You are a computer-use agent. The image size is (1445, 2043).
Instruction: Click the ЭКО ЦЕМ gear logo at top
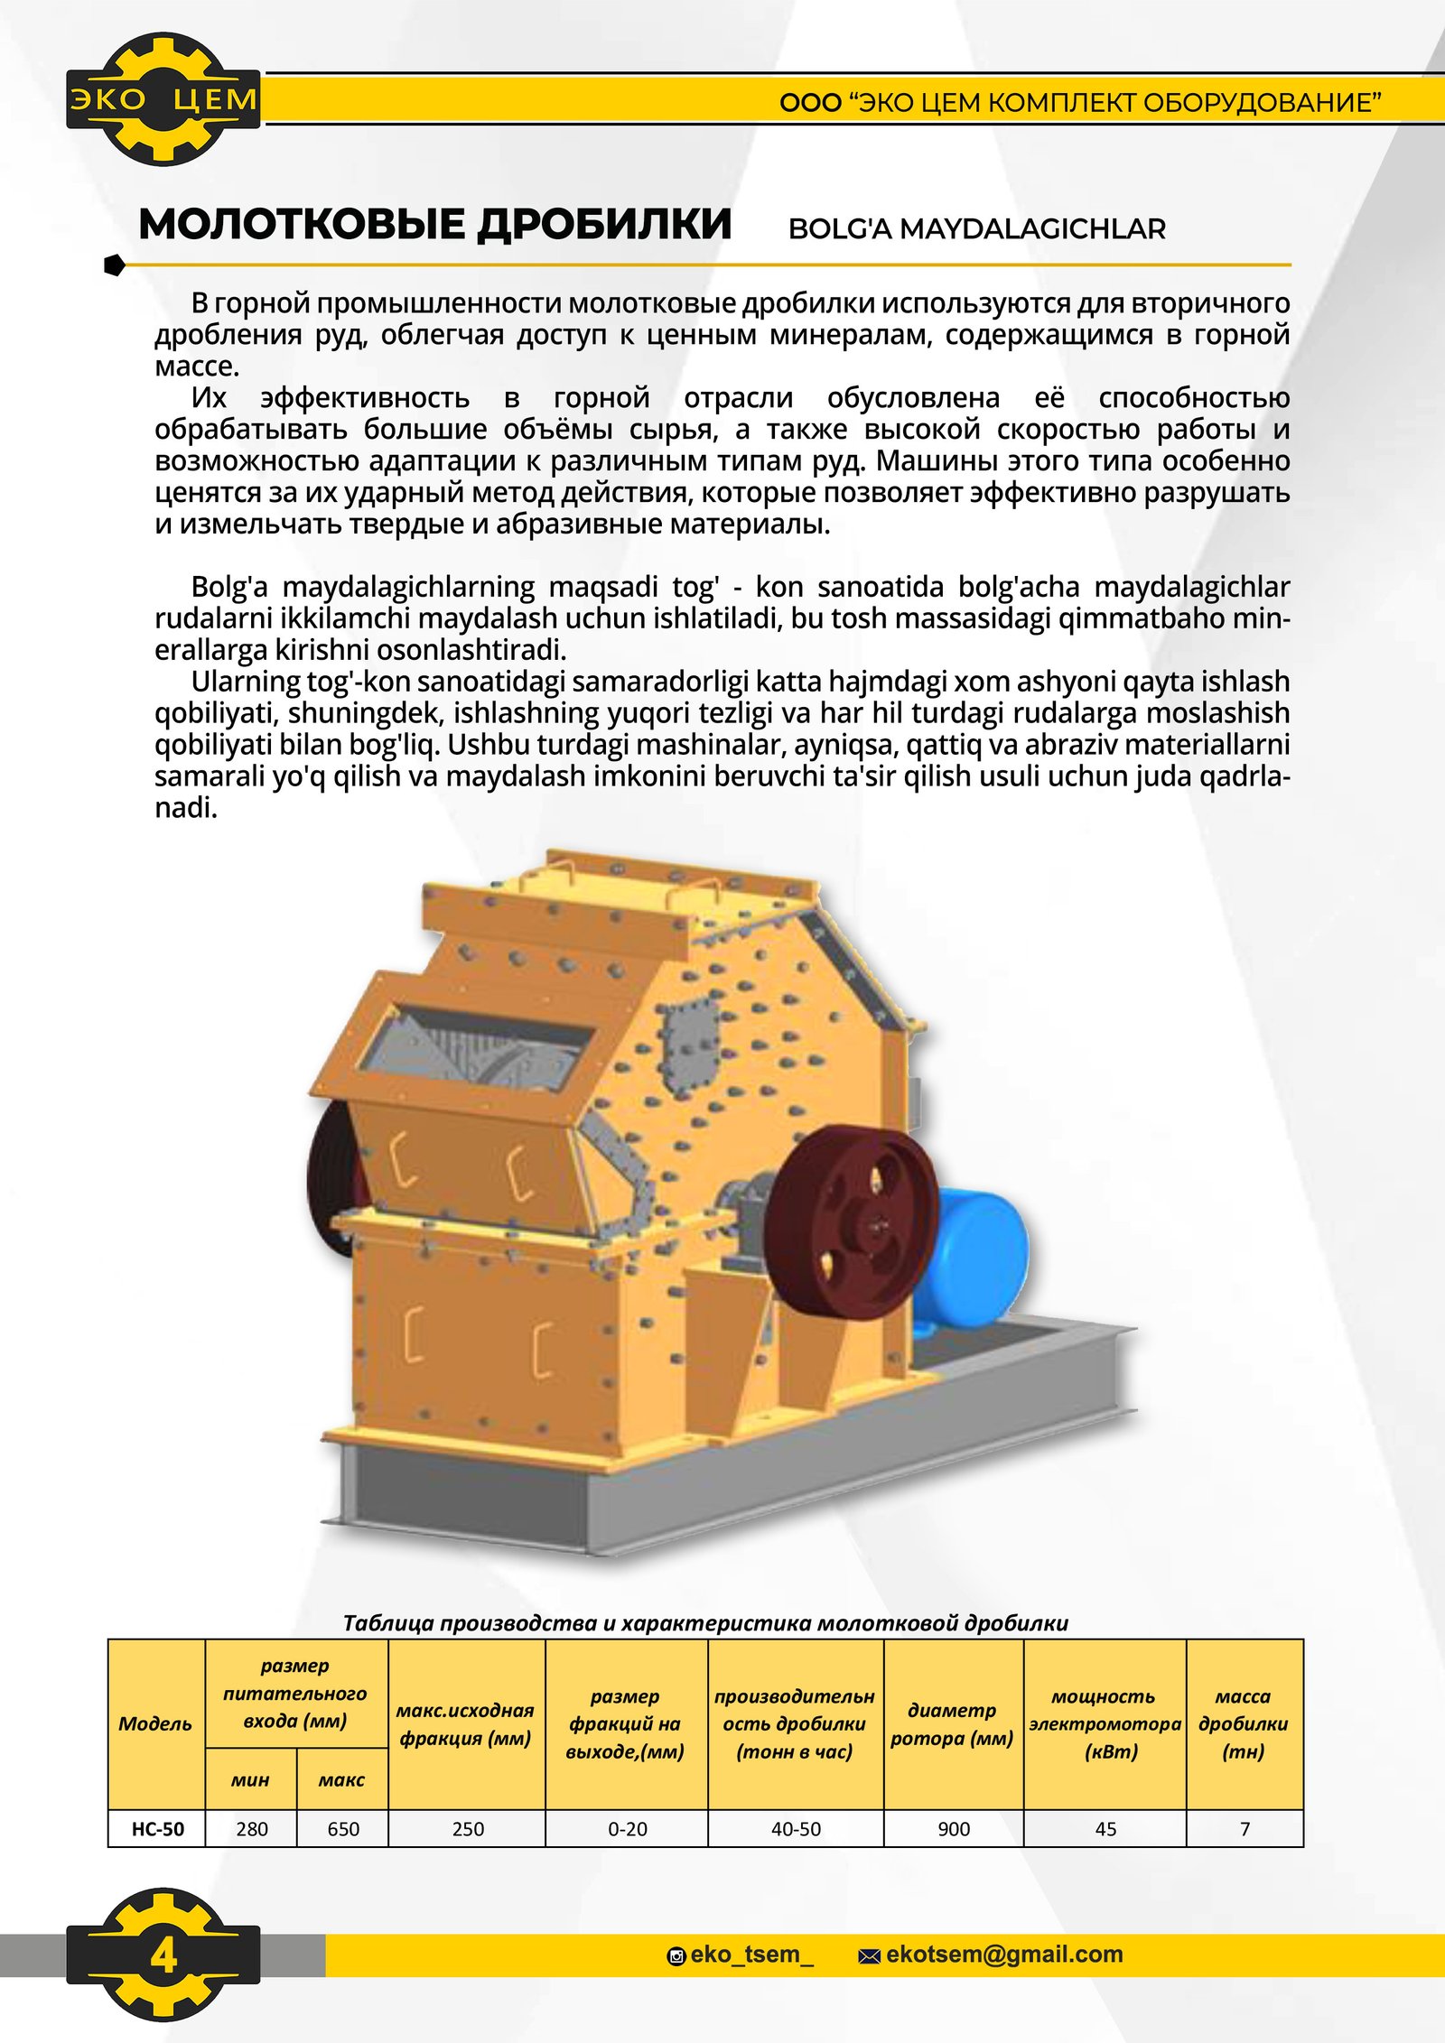coord(163,98)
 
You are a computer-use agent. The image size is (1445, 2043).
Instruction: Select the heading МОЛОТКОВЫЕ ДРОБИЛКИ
coord(434,224)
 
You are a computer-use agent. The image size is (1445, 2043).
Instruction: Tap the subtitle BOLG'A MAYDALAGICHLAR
coord(976,229)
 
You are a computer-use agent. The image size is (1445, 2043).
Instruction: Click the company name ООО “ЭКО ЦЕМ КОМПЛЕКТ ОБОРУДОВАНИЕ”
coord(1080,103)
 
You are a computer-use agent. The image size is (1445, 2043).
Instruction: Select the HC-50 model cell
coord(157,1829)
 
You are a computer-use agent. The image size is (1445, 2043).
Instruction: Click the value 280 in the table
coord(251,1829)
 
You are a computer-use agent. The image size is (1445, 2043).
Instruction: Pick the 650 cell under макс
coord(343,1829)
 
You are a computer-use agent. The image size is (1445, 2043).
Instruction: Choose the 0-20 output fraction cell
coord(627,1829)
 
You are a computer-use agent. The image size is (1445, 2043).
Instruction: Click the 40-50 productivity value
coord(796,1829)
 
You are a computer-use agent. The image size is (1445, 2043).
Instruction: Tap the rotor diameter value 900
coord(954,1829)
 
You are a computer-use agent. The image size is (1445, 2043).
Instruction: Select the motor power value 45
coord(1105,1829)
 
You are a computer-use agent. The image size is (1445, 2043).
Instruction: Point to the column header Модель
coord(155,1723)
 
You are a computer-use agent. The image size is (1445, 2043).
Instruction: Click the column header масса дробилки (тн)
coord(1244,1723)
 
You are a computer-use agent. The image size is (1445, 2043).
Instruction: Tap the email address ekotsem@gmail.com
coord(1003,1955)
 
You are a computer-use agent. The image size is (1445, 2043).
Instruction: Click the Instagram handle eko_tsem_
coord(750,1955)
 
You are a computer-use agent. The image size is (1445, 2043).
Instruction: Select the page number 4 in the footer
coord(163,1955)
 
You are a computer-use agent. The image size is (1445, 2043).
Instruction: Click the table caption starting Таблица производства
coord(705,1622)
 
